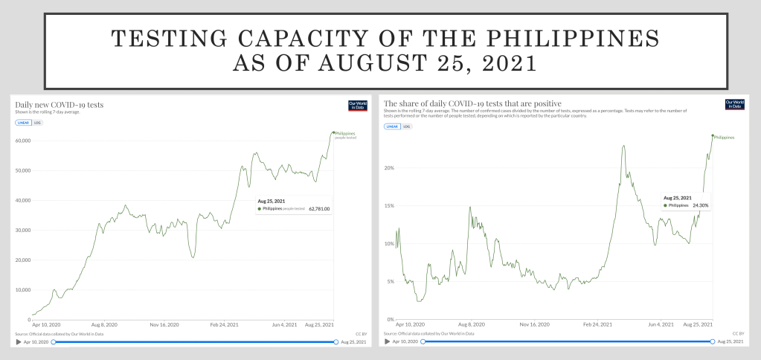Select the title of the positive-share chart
pos(472,103)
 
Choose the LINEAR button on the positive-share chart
pos(392,126)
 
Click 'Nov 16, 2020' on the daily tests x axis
pos(164,325)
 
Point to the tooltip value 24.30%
pos(700,205)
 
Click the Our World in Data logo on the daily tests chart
pos(358,105)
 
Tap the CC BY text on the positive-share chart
pos(738,333)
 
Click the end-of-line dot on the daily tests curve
pos(333,132)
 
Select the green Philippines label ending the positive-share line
pos(724,138)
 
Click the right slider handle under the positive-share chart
pos(713,341)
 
